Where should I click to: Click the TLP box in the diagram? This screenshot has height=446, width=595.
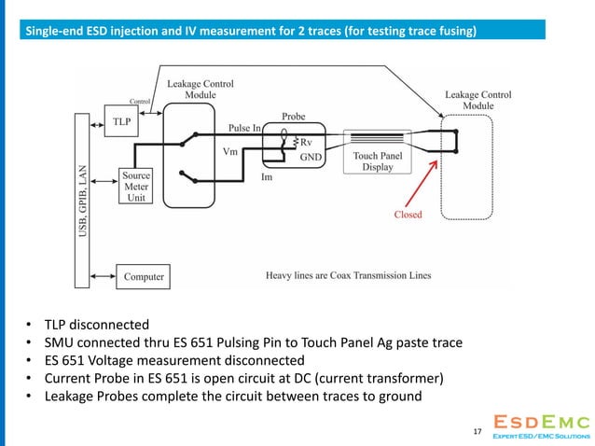point(122,121)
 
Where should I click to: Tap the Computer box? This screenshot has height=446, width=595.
point(144,276)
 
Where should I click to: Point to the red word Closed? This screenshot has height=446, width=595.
point(407,214)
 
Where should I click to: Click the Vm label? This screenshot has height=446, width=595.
point(230,150)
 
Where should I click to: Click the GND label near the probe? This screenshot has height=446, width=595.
point(311,158)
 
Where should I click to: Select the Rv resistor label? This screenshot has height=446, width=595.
point(306,142)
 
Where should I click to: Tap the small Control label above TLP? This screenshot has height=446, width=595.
point(140,101)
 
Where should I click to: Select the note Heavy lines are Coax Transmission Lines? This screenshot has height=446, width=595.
point(350,276)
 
